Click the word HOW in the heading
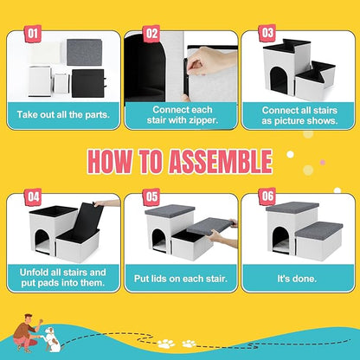pos(112,162)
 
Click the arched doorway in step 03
pos(277,80)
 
